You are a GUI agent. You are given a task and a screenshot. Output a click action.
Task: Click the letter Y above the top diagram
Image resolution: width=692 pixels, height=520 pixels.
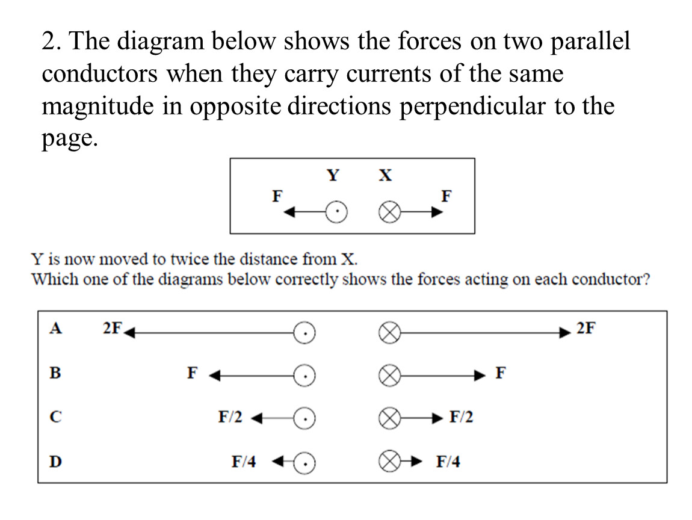[333, 175]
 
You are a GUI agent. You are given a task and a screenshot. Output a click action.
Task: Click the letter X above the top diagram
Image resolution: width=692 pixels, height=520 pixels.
[385, 175]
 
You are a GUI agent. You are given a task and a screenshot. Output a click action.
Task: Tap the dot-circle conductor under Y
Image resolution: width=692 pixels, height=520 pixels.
[336, 212]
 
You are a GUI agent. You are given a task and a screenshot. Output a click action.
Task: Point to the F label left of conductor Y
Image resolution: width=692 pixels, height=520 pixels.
[277, 196]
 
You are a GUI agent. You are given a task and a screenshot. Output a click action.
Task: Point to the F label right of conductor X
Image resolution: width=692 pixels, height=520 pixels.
[446, 196]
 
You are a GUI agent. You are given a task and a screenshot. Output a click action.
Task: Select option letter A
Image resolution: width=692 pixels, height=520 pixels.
[55, 328]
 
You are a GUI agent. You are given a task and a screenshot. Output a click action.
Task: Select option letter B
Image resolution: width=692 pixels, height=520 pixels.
[55, 373]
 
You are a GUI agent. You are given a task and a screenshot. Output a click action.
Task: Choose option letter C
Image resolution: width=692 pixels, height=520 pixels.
[55, 416]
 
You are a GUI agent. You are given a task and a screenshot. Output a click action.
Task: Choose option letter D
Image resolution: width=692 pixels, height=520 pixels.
[55, 461]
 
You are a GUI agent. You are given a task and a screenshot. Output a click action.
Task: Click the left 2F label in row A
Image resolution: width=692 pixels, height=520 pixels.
[112, 328]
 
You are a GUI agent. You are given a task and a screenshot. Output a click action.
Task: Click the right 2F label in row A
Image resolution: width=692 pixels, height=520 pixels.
[585, 328]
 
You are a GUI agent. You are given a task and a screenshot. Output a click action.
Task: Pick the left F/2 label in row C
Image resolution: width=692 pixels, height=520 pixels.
[230, 416]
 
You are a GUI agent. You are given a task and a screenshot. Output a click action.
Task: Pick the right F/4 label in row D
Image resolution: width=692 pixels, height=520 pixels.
[448, 461]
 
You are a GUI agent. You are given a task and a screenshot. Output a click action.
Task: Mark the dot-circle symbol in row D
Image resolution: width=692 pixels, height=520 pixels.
[304, 463]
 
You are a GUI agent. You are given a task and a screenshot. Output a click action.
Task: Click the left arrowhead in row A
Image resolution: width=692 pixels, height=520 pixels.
[129, 332]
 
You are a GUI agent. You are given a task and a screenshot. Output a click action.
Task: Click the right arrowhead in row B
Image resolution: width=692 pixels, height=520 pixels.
[480, 376]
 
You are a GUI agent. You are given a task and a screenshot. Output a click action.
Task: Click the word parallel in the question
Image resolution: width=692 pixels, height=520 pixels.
[590, 41]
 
